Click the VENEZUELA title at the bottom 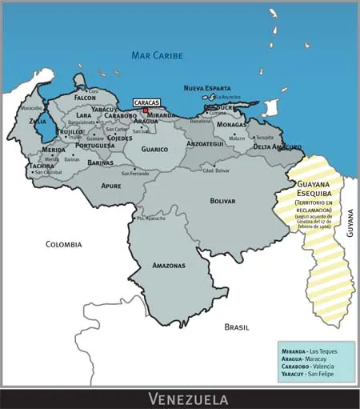187,399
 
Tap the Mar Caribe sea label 158,55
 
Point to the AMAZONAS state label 168,265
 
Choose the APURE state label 110,185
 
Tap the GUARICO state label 154,149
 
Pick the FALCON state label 85,98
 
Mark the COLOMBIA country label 63,244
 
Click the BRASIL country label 236,327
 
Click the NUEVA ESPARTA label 206,88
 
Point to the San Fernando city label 135,174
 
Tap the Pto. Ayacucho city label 150,219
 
